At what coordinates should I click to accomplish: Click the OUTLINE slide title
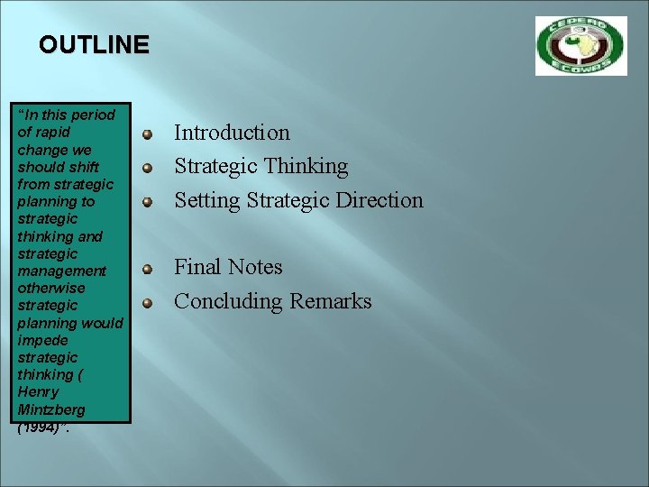[94, 44]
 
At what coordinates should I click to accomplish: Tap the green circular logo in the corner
[580, 45]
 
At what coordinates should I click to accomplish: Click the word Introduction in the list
[232, 133]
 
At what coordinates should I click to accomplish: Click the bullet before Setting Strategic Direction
[146, 203]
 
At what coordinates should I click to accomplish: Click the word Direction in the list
[379, 200]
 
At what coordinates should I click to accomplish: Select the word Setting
[203, 200]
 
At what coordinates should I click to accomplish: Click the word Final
[197, 267]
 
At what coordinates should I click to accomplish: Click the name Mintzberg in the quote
[51, 409]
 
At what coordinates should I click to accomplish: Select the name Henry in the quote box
[38, 392]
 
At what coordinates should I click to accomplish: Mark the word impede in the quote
[42, 340]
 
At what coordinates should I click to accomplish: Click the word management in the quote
[61, 271]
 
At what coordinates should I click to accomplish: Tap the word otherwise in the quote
[51, 288]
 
